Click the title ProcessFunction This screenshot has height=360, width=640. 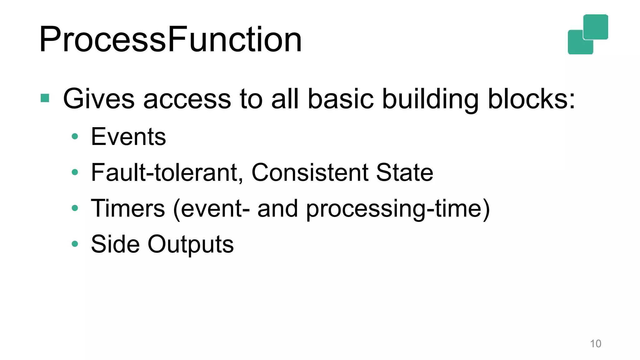170,39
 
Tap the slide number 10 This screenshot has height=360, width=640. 595,343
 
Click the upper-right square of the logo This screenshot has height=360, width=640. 596,27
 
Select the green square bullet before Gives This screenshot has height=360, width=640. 45,98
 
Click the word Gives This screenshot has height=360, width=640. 99,99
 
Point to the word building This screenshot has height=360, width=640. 430,99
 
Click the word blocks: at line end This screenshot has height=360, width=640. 531,99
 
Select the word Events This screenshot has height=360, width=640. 128,137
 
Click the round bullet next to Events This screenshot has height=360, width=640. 75,136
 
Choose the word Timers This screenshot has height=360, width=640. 127,208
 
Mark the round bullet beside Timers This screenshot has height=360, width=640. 75,208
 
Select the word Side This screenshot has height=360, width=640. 115,244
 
